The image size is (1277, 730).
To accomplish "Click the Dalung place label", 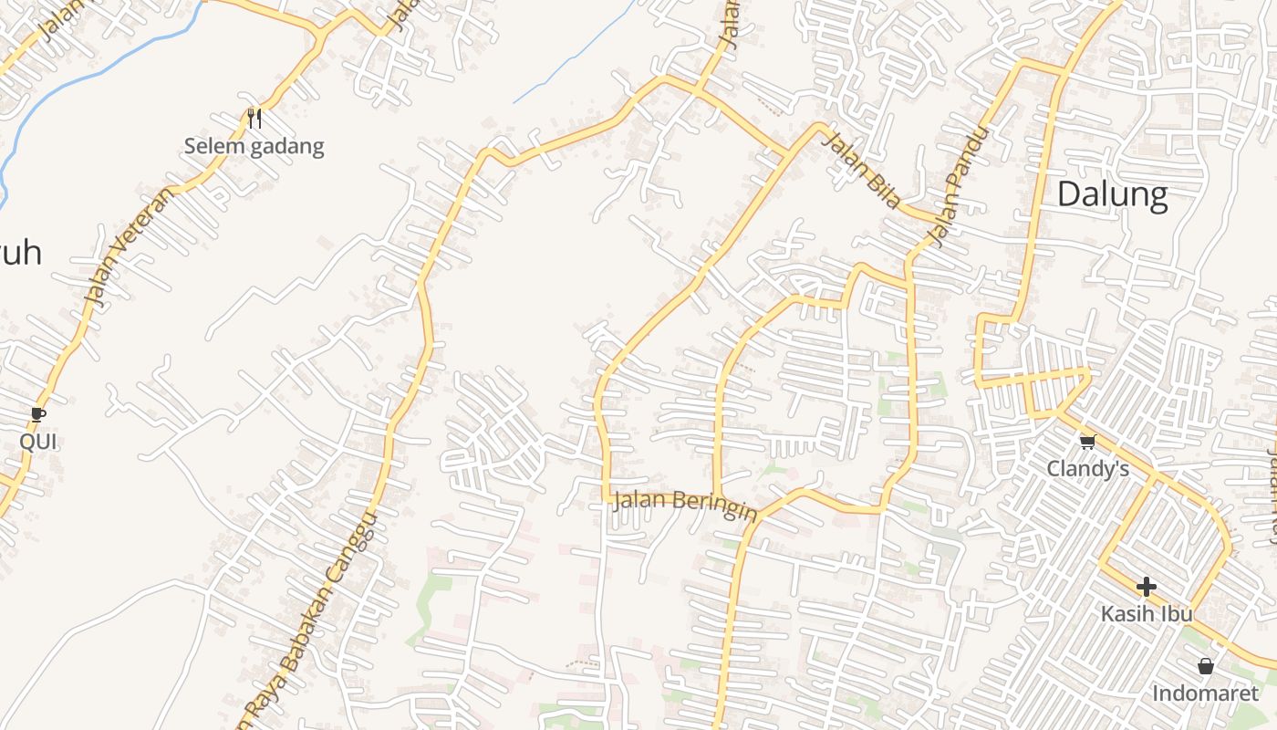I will tap(1113, 195).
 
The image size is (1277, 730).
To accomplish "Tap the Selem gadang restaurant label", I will tap(254, 146).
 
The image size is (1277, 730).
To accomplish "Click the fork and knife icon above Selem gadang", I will tap(254, 118).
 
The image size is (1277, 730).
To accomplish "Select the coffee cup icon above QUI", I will tap(37, 414).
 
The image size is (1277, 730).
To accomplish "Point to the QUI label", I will tap(38, 442).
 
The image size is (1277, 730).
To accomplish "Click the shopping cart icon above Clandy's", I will tap(1086, 442).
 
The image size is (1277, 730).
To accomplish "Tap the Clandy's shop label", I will tap(1087, 469).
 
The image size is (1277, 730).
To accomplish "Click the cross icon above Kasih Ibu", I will tap(1147, 586).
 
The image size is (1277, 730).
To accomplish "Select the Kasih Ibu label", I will tap(1147, 613).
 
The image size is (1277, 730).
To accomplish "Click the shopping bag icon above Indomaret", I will tap(1205, 666).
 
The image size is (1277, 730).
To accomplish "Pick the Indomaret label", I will tap(1205, 693).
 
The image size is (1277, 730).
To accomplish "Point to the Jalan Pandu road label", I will tap(957, 187).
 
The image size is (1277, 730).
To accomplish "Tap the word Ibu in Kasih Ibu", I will tap(1175, 613).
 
